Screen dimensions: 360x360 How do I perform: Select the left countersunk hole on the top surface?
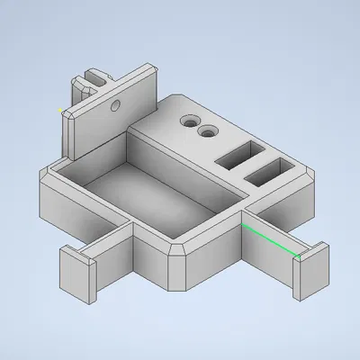point(189,120)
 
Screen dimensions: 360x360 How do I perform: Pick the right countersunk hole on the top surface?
point(209,132)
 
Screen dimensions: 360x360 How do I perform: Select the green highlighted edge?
point(270,240)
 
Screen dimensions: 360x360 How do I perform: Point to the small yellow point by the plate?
point(59,110)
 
